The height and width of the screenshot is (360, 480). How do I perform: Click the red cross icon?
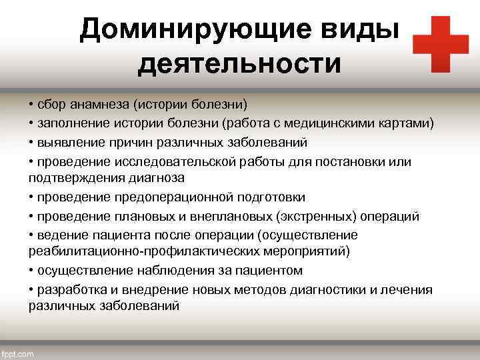click(x=441, y=43)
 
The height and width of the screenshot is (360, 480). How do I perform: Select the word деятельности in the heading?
click(x=239, y=65)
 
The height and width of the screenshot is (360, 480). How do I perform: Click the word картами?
click(x=411, y=123)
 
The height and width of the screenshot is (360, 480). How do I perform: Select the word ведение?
click(x=58, y=235)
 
